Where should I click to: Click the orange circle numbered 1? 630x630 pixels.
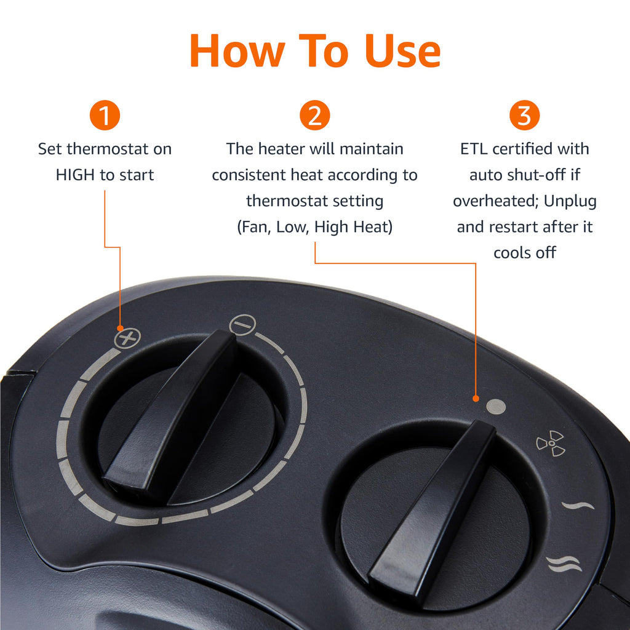pyautogui.click(x=105, y=116)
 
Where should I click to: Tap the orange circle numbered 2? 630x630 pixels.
pyautogui.click(x=314, y=116)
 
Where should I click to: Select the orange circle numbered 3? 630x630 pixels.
pyautogui.click(x=524, y=116)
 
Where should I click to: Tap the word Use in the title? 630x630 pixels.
pyautogui.click(x=402, y=51)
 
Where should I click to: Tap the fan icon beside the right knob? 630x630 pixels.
pyautogui.click(x=550, y=444)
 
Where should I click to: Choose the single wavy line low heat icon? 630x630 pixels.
pyautogui.click(x=578, y=506)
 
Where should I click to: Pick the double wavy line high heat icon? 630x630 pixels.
pyautogui.click(x=564, y=563)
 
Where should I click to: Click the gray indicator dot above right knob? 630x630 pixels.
pyautogui.click(x=495, y=407)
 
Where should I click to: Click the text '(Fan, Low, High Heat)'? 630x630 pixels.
pyautogui.click(x=314, y=227)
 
